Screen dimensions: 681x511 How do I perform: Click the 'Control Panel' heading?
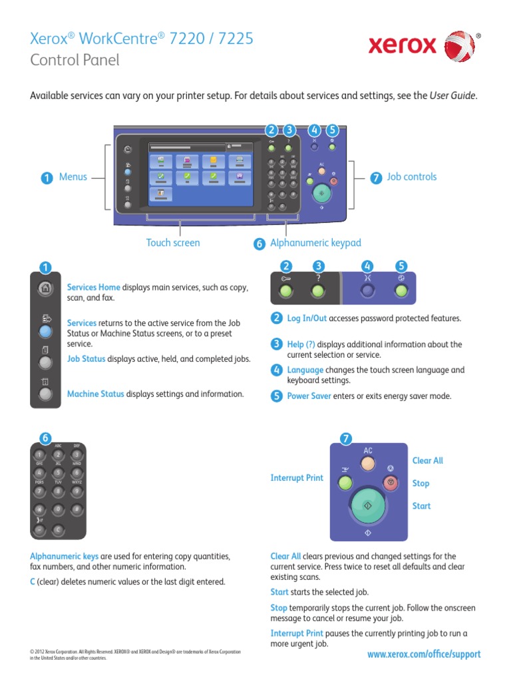(x=75, y=61)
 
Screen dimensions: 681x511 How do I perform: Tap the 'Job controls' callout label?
(x=412, y=177)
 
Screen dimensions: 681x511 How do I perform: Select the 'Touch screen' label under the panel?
(x=173, y=243)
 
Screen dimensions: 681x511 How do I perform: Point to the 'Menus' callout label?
(x=73, y=177)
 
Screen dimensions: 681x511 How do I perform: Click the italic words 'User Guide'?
(x=452, y=96)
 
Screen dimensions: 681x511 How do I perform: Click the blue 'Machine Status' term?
(x=96, y=394)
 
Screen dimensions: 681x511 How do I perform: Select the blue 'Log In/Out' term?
(x=307, y=319)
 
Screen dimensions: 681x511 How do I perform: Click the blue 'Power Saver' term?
(x=309, y=396)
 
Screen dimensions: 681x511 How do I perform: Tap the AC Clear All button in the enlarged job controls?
(x=368, y=463)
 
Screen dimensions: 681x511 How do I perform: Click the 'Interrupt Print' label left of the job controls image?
(x=297, y=478)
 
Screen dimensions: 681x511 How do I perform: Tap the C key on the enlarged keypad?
(x=59, y=529)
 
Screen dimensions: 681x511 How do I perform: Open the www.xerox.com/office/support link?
(x=424, y=654)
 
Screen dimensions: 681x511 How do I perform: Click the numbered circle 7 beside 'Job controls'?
(x=376, y=178)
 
